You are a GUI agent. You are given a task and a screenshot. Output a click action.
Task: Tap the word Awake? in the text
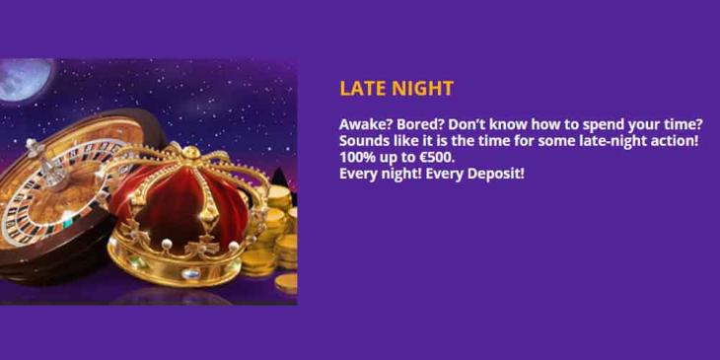click(365, 125)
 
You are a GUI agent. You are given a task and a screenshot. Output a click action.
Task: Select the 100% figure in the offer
click(357, 157)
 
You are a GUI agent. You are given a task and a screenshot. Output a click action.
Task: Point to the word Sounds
click(364, 141)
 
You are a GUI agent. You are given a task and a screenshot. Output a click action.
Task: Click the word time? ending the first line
click(681, 125)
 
